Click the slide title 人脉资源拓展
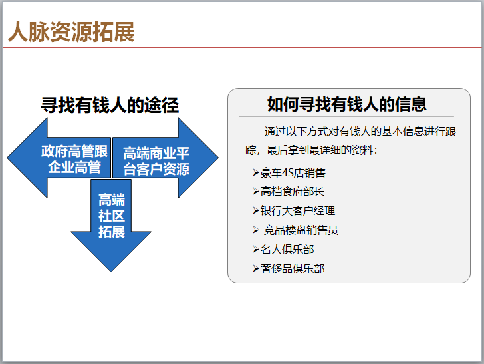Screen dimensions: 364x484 tap(71, 32)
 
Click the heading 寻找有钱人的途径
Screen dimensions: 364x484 tap(110, 105)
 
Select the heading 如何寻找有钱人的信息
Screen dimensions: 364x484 tap(346, 104)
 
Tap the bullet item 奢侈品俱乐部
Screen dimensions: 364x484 tap(293, 268)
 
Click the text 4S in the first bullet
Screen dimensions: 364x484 tap(288, 172)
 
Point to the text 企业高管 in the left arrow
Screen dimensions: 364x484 tap(74, 167)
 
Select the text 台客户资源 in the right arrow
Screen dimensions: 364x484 tap(156, 169)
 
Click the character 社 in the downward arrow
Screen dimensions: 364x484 tap(111, 216)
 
